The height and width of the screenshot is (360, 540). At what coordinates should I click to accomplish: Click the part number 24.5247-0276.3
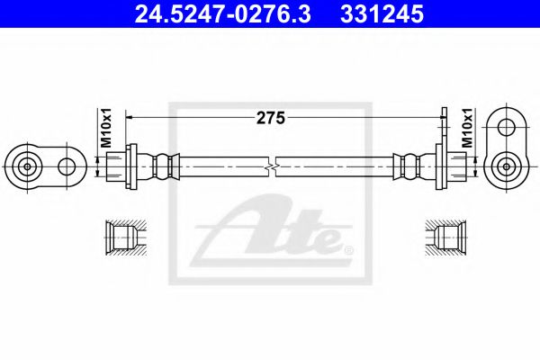[217, 15]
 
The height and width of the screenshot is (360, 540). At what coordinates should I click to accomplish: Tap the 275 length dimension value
[271, 115]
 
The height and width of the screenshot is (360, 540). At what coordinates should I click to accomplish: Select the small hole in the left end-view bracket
[66, 166]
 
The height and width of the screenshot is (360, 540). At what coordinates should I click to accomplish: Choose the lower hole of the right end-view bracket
[509, 166]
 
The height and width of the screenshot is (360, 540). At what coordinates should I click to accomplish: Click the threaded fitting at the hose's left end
[116, 166]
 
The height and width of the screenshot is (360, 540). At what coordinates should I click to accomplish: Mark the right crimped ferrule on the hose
[409, 166]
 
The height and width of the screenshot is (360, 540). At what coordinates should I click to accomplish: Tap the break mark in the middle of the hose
[273, 166]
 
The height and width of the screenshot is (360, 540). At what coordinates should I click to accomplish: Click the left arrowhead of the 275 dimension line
[130, 116]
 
